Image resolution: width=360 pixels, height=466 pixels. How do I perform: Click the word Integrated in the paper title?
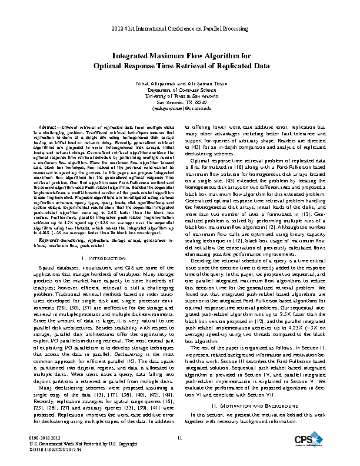133,56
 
